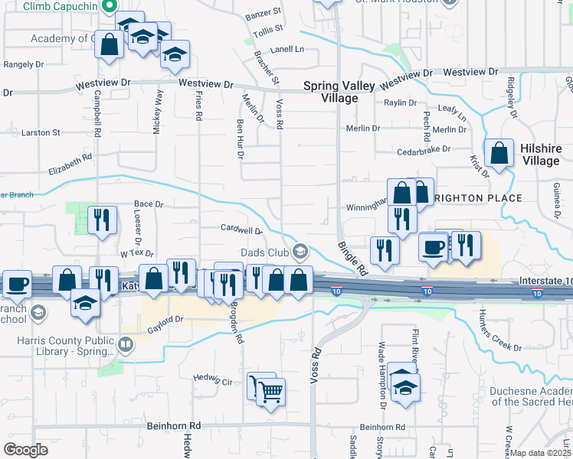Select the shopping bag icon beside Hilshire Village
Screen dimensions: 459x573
coord(499,153)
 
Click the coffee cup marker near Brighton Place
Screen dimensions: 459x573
coord(434,248)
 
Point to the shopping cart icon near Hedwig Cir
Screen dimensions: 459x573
coord(270,392)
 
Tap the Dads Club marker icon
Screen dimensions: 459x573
coord(300,251)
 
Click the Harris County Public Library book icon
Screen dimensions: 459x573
coord(125,345)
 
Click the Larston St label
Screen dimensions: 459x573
coord(41,132)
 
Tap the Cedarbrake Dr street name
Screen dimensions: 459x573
coord(419,150)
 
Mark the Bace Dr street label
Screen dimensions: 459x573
coord(149,204)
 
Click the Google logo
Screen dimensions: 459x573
coord(25,450)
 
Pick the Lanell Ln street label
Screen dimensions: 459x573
coord(287,49)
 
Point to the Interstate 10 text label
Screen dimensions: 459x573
coord(545,281)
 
